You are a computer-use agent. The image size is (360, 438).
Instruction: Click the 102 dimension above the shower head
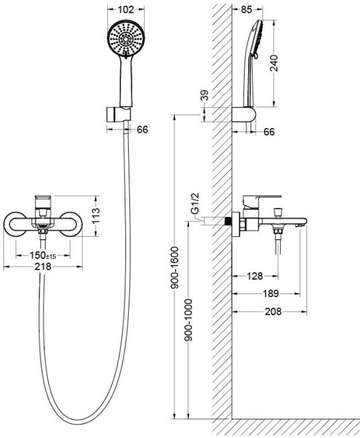(125, 9)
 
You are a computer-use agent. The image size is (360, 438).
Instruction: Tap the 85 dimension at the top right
(246, 9)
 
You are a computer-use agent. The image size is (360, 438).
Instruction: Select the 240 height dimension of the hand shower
(274, 63)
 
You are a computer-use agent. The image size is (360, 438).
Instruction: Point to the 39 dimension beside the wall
(204, 95)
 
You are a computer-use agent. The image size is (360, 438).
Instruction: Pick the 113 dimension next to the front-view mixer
(95, 216)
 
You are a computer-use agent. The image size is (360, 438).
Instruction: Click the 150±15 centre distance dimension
(43, 255)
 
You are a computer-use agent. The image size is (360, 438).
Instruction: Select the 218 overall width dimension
(43, 266)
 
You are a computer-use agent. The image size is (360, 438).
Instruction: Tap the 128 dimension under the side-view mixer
(255, 276)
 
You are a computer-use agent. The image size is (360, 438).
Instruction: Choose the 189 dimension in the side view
(271, 293)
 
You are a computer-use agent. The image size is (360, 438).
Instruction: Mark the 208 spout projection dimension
(273, 311)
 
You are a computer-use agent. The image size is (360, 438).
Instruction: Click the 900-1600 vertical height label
(175, 268)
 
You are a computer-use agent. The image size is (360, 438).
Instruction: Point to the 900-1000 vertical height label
(189, 320)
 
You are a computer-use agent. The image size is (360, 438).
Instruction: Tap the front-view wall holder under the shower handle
(119, 115)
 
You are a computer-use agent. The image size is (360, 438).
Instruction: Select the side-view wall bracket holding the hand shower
(244, 115)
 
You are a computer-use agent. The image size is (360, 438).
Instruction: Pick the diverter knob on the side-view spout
(278, 213)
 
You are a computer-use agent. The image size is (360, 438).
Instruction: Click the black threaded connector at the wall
(229, 221)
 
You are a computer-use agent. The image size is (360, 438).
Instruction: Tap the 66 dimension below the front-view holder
(142, 129)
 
